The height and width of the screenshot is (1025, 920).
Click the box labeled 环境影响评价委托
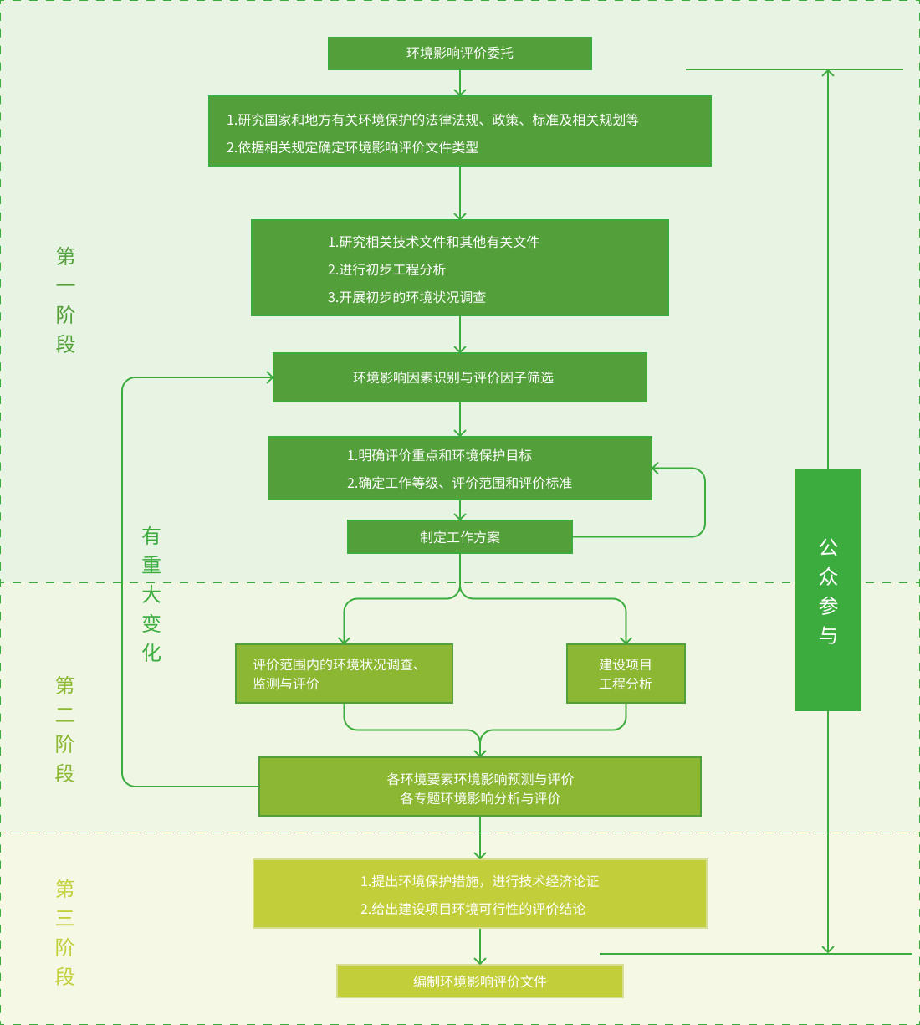[x=459, y=54]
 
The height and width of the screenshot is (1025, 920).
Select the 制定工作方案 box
[x=459, y=537]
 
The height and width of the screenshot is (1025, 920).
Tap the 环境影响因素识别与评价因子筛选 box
[x=459, y=377]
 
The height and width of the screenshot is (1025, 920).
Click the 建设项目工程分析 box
[x=626, y=674]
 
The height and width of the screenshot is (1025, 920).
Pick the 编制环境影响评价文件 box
[x=479, y=981]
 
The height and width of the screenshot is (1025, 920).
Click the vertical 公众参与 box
[x=827, y=590]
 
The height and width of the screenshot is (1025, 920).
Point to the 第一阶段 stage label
[x=65, y=300]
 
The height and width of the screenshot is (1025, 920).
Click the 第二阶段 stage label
[x=65, y=729]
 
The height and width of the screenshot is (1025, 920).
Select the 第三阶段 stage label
[x=65, y=932]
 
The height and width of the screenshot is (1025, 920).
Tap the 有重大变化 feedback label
[x=151, y=594]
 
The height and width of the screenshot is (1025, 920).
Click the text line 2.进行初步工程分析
[x=386, y=269]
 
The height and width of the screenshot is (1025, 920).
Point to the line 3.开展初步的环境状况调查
[x=406, y=297]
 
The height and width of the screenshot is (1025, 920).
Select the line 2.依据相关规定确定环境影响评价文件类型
[x=352, y=147]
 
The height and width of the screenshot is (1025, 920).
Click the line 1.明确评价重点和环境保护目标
[x=439, y=455]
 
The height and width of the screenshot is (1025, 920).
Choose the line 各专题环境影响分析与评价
[x=480, y=798]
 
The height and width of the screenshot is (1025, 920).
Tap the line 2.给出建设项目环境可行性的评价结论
[x=473, y=909]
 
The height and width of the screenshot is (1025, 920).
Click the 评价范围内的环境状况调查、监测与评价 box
[x=344, y=674]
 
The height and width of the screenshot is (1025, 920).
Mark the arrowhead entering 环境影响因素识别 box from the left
[x=269, y=377]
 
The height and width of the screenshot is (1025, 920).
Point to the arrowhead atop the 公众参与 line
[x=827, y=73]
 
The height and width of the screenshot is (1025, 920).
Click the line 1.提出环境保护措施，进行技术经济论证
[x=479, y=881]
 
